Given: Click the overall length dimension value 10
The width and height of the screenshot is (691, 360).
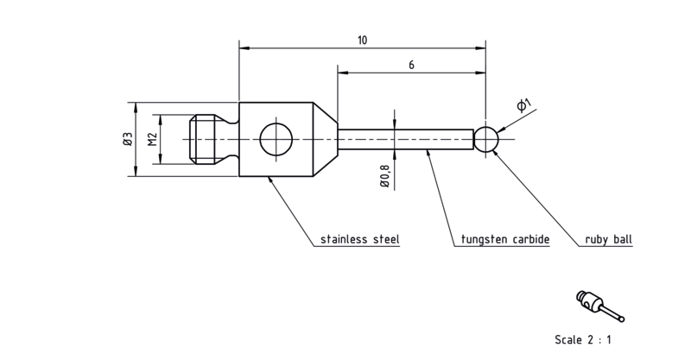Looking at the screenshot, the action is click(362, 41).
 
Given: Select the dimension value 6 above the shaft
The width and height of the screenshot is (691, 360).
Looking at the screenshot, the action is click(411, 65).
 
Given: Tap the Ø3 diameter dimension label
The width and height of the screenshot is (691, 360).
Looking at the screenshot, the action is click(128, 139).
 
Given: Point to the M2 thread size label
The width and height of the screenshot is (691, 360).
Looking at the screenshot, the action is click(153, 139).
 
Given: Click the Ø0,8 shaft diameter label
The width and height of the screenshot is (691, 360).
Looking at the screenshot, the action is click(384, 176).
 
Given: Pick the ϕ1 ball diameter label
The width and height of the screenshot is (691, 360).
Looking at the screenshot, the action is click(524, 105).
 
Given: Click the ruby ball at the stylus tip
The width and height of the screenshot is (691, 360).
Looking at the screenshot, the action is click(486, 139).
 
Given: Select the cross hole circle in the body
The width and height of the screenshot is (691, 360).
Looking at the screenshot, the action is click(276, 139).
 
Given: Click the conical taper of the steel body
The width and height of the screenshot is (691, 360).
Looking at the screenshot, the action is click(326, 139).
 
